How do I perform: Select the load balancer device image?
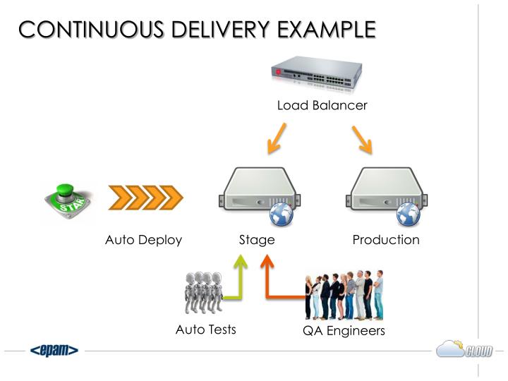(x=317, y=74)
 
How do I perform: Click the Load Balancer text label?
(x=322, y=106)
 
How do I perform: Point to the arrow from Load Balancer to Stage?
(x=277, y=138)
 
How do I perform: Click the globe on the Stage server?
(x=281, y=213)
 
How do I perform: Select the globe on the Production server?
(x=409, y=213)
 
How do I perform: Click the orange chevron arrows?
(x=145, y=198)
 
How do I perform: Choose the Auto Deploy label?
(x=143, y=240)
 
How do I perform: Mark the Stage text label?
(x=257, y=240)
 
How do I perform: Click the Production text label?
(x=386, y=240)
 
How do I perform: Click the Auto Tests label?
(x=205, y=329)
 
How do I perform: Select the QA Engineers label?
(x=344, y=331)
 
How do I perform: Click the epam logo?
(x=54, y=351)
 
